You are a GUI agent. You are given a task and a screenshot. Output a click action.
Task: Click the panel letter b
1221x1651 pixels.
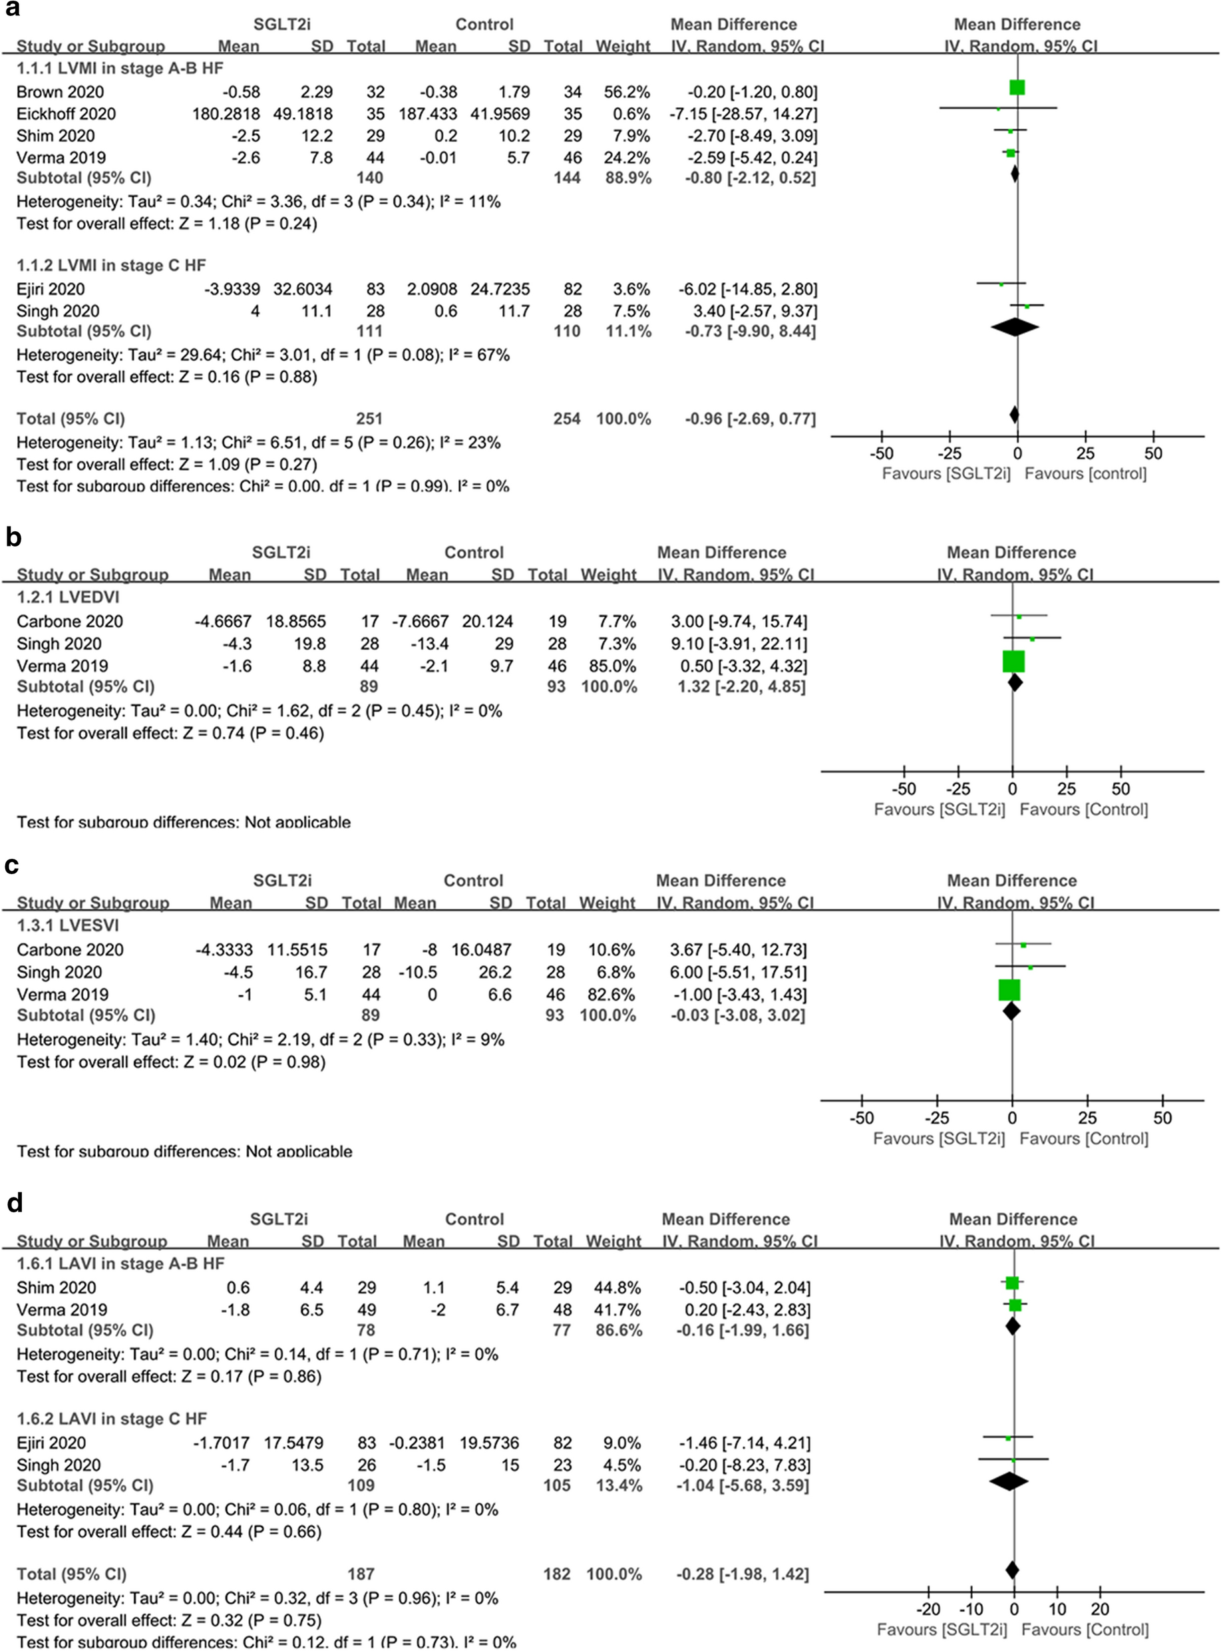pos(13,537)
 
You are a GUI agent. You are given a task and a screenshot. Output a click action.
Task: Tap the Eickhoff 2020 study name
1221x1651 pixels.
pos(66,114)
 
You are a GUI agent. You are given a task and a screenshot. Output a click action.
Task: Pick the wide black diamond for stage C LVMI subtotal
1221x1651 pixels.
pos(1015,326)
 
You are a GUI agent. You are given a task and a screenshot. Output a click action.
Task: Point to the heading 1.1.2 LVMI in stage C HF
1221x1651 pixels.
pos(111,266)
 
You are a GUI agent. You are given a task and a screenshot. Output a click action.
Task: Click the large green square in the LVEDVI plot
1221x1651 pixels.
pos(1013,661)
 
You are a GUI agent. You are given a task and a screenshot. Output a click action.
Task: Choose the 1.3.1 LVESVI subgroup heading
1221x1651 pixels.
pos(67,925)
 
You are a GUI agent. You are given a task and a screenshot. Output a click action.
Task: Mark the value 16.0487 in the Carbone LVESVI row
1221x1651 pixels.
pos(481,949)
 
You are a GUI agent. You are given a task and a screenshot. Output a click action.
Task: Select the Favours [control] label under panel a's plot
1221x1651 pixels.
pos(1085,474)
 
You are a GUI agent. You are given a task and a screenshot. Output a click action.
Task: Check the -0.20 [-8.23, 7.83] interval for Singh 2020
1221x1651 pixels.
pos(743,1465)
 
